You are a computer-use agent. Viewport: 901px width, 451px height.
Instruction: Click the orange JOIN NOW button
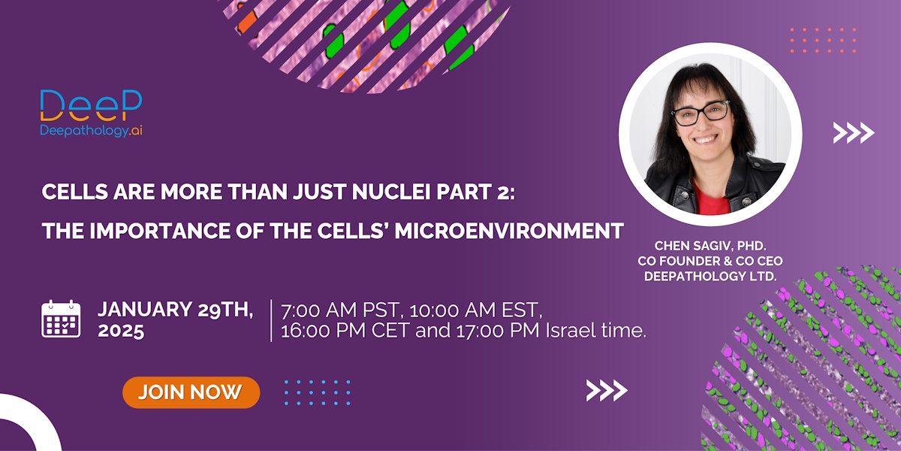pyautogui.click(x=191, y=392)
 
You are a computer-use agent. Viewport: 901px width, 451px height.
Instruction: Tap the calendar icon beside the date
pyautogui.click(x=61, y=319)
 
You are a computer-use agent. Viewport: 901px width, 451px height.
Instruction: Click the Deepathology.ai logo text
pyautogui.click(x=91, y=131)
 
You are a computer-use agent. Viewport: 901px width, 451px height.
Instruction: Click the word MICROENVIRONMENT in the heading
pyautogui.click(x=509, y=231)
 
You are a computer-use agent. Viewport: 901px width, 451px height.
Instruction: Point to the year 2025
pyautogui.click(x=121, y=331)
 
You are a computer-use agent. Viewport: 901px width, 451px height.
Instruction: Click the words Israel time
pyautogui.click(x=595, y=331)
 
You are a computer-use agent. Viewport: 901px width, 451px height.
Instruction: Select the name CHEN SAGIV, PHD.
pyautogui.click(x=710, y=246)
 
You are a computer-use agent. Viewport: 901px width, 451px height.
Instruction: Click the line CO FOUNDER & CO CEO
pyautogui.click(x=710, y=261)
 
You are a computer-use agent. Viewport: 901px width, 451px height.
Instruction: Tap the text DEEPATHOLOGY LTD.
pyautogui.click(x=710, y=277)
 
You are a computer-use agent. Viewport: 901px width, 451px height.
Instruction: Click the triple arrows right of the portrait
pyautogui.click(x=854, y=133)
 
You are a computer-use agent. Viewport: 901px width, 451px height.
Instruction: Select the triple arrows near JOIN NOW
pyautogui.click(x=607, y=391)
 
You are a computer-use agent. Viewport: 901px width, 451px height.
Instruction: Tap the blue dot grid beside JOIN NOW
pyautogui.click(x=317, y=392)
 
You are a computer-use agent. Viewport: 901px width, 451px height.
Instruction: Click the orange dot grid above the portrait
pyautogui.click(x=823, y=41)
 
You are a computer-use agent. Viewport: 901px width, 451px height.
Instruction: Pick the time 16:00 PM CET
pyautogui.click(x=345, y=331)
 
